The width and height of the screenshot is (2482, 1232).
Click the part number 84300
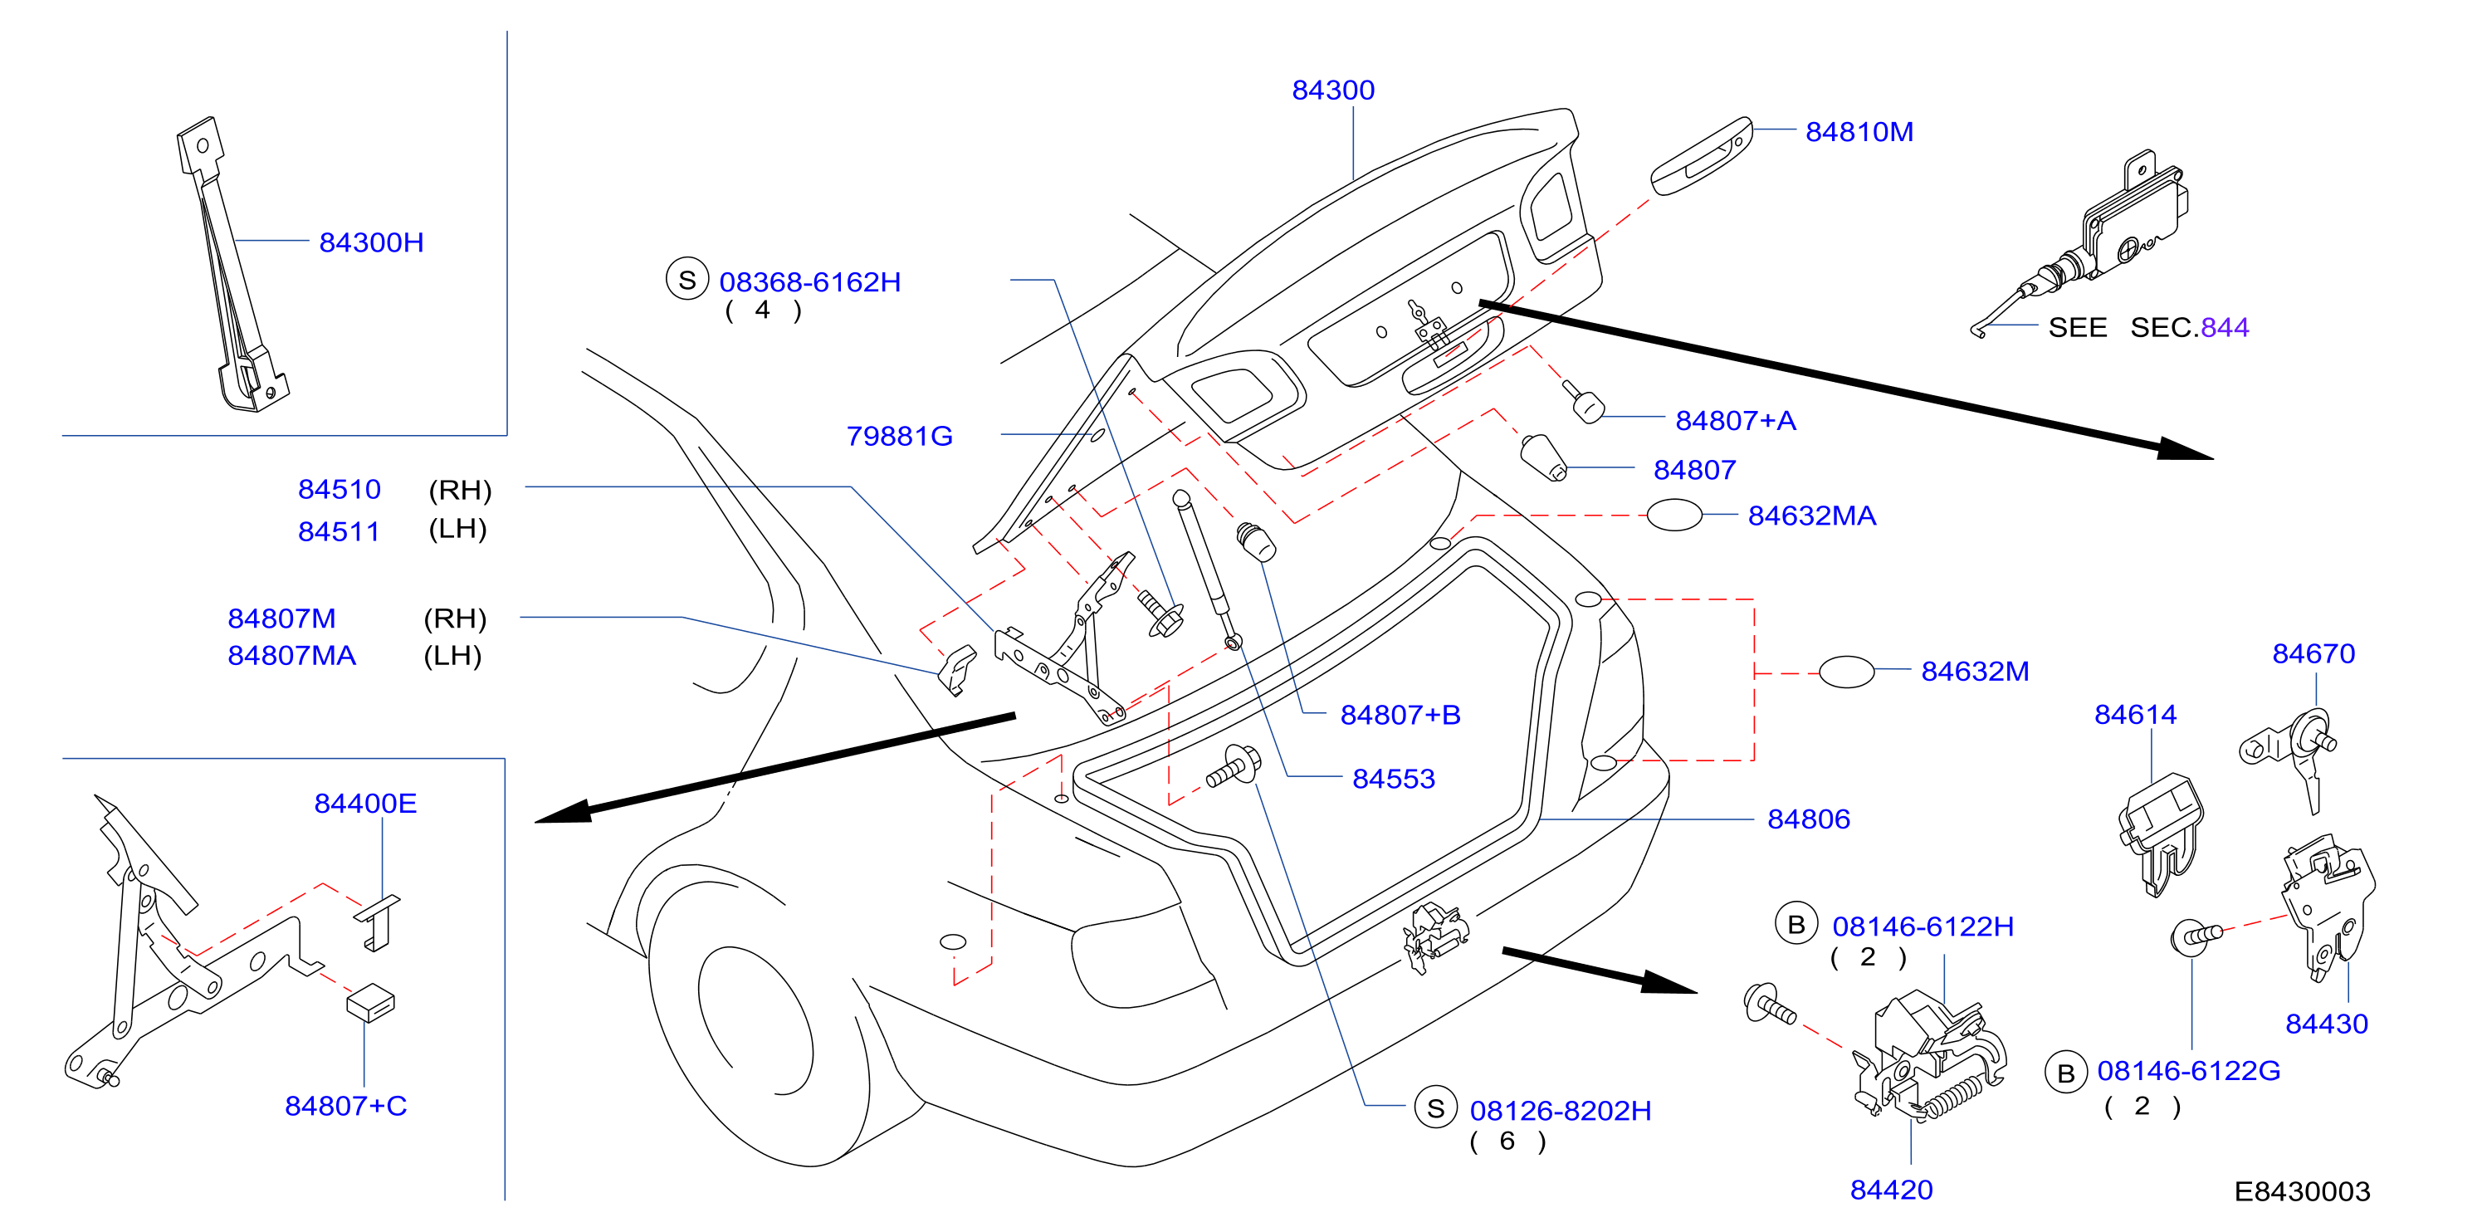[1332, 90]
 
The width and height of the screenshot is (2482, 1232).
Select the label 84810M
[1859, 132]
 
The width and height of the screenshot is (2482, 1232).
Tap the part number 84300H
[371, 242]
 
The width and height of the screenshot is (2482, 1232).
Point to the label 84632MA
[1811, 516]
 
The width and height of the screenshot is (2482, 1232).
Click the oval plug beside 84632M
[1846, 672]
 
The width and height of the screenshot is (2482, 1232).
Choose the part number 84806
[1809, 819]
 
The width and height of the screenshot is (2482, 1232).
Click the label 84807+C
[346, 1105]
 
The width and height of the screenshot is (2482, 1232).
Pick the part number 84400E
[365, 803]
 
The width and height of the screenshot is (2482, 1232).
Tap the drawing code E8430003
[2302, 1191]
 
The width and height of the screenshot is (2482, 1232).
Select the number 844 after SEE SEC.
[2225, 327]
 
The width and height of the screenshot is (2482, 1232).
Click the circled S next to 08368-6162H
[687, 279]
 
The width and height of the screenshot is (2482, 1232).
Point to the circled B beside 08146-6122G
[2066, 1073]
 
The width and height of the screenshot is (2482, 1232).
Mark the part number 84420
[1891, 1190]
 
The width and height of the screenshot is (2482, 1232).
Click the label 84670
[2313, 653]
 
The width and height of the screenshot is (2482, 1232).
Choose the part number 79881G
[899, 437]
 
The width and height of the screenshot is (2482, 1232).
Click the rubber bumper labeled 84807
[1542, 457]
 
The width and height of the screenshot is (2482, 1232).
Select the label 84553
[1393, 779]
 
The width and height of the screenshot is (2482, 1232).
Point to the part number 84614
[2135, 714]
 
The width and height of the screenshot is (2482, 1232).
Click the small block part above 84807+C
[371, 1002]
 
